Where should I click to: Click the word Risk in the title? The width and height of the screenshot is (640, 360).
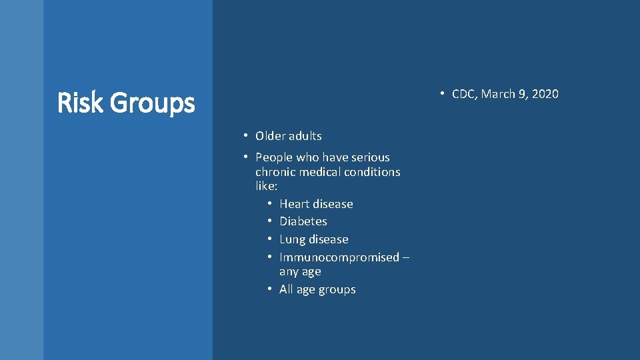point(80,103)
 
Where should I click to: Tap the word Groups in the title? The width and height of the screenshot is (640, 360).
point(152,104)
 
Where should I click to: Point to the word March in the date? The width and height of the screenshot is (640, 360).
point(498,94)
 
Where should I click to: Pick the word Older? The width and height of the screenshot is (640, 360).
point(270,136)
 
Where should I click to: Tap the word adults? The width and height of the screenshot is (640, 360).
point(305,136)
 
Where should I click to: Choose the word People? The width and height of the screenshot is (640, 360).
point(274,157)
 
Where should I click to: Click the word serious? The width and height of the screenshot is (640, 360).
point(370,157)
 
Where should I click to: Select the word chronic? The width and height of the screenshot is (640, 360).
point(276,172)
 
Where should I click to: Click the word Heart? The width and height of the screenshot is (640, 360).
point(295,204)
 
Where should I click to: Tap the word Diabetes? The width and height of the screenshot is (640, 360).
point(303,221)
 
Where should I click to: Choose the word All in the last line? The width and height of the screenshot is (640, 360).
point(286,289)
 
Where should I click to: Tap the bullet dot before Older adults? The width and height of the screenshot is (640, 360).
point(245,136)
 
